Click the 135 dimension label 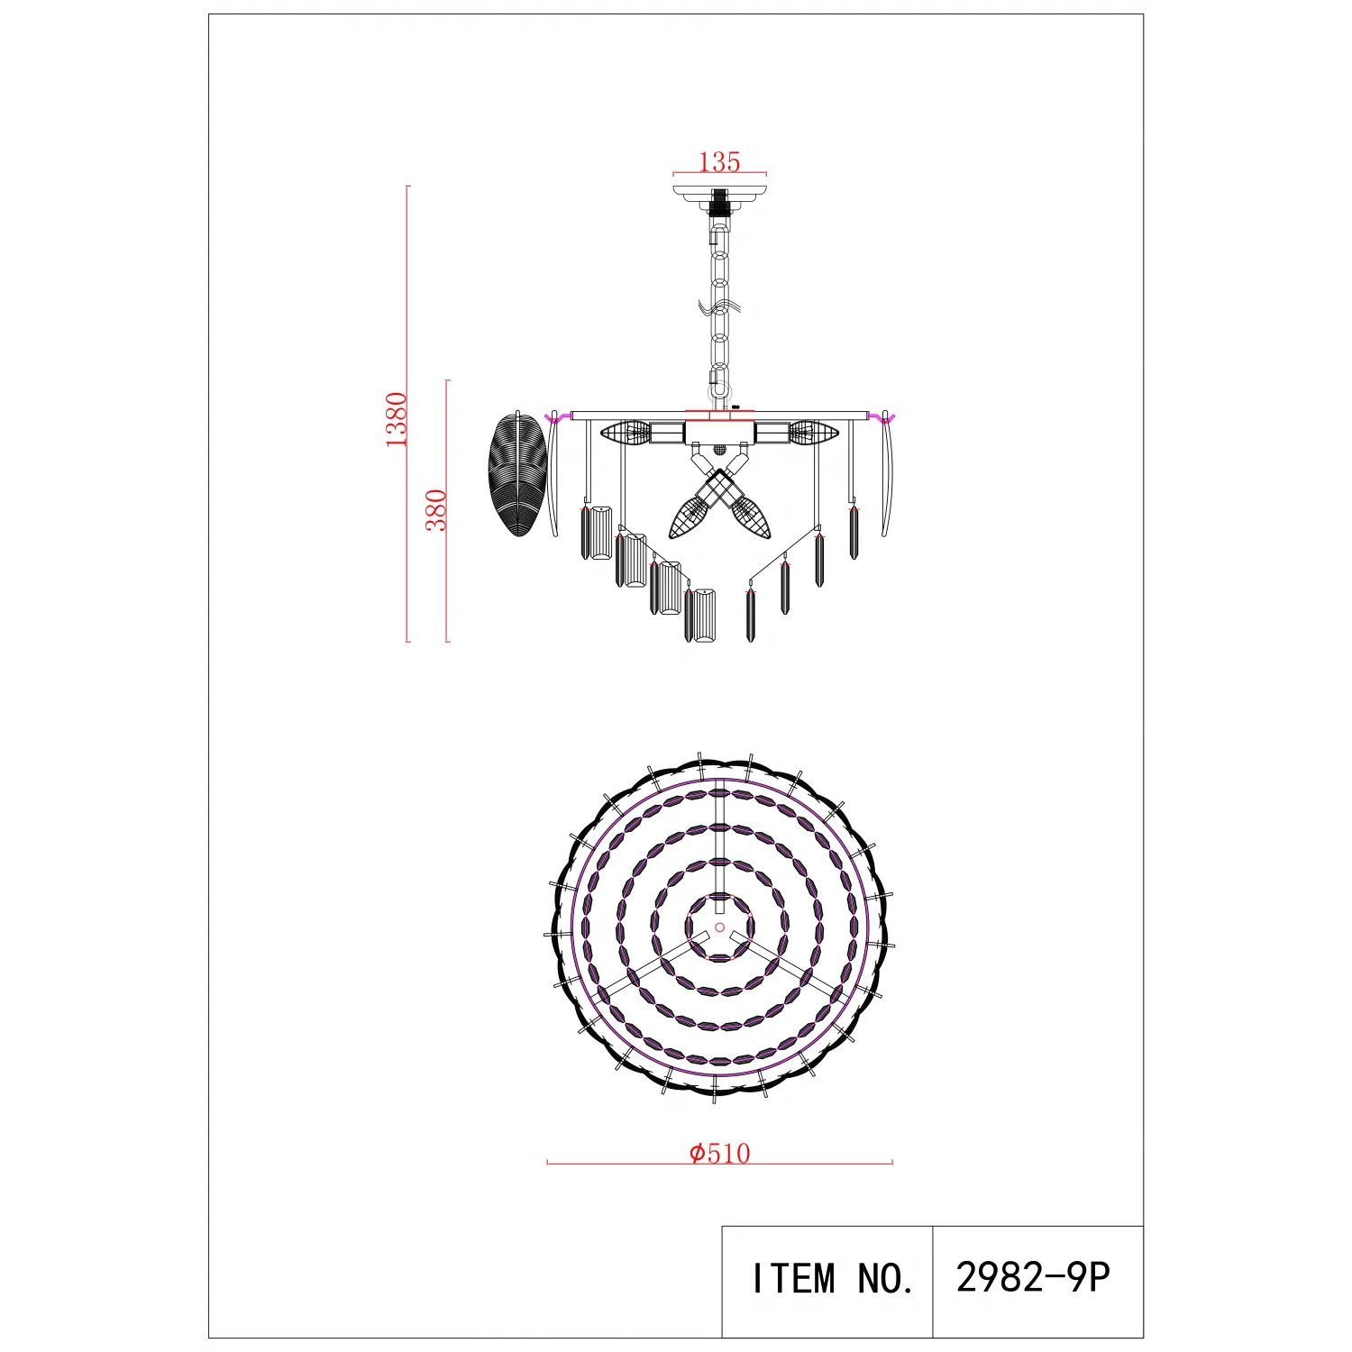719,161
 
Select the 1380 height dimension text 397,420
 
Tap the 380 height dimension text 436,510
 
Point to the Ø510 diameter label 719,1153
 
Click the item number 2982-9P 1033,1276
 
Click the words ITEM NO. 833,1278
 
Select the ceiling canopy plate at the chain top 720,196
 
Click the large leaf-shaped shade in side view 518,474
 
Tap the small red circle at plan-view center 719,927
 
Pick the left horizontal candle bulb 626,433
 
